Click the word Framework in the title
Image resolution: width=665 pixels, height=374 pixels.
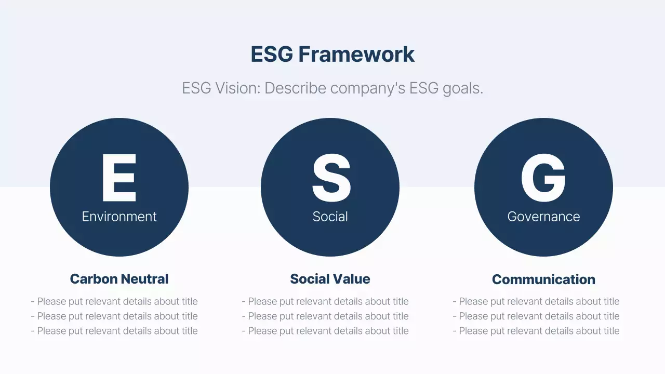click(356, 55)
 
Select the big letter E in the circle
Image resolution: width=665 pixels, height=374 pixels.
click(119, 178)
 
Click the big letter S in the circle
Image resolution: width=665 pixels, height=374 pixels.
click(330, 178)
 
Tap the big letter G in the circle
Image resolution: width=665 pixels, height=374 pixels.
click(543, 178)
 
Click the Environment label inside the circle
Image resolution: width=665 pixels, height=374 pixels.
click(119, 217)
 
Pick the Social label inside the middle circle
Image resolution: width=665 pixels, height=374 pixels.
click(330, 217)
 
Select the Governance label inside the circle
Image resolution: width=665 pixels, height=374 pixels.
click(543, 217)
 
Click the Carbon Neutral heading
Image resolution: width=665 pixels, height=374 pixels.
click(119, 279)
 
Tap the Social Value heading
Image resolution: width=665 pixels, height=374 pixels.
click(330, 279)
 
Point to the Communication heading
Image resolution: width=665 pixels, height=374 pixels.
click(543, 279)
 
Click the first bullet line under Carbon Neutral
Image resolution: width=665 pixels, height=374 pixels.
click(114, 301)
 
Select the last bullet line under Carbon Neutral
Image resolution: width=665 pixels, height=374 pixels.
click(114, 331)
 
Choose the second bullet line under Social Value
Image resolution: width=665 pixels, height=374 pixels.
click(325, 316)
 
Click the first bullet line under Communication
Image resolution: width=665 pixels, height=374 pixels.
click(536, 301)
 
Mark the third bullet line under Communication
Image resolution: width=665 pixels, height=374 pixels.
click(536, 331)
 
